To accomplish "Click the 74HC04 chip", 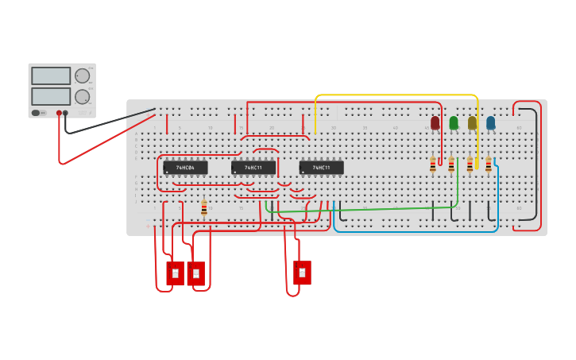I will click(x=185, y=168).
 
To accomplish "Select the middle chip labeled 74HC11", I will click(x=253, y=168).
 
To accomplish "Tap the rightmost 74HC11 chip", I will click(x=321, y=168).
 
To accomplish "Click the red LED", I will click(x=435, y=123).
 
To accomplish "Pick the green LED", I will click(x=454, y=123).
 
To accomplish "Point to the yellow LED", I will click(x=472, y=123).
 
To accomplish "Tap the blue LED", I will click(x=490, y=123).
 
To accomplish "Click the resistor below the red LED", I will click(x=433, y=165).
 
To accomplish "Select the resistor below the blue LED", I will click(x=488, y=165).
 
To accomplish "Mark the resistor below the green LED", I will click(x=451, y=165).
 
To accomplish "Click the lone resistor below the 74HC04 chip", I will click(x=204, y=207).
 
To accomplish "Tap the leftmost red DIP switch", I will click(x=175, y=273).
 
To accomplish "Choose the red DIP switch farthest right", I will click(x=302, y=273).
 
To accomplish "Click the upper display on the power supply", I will click(x=51, y=75).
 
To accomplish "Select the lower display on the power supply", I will click(x=51, y=96).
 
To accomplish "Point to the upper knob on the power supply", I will click(x=83, y=75).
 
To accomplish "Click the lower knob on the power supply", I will click(x=83, y=96).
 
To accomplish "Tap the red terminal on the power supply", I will click(x=59, y=113).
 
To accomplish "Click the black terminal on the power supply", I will click(x=65, y=113).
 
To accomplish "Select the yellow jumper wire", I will click(x=397, y=95).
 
